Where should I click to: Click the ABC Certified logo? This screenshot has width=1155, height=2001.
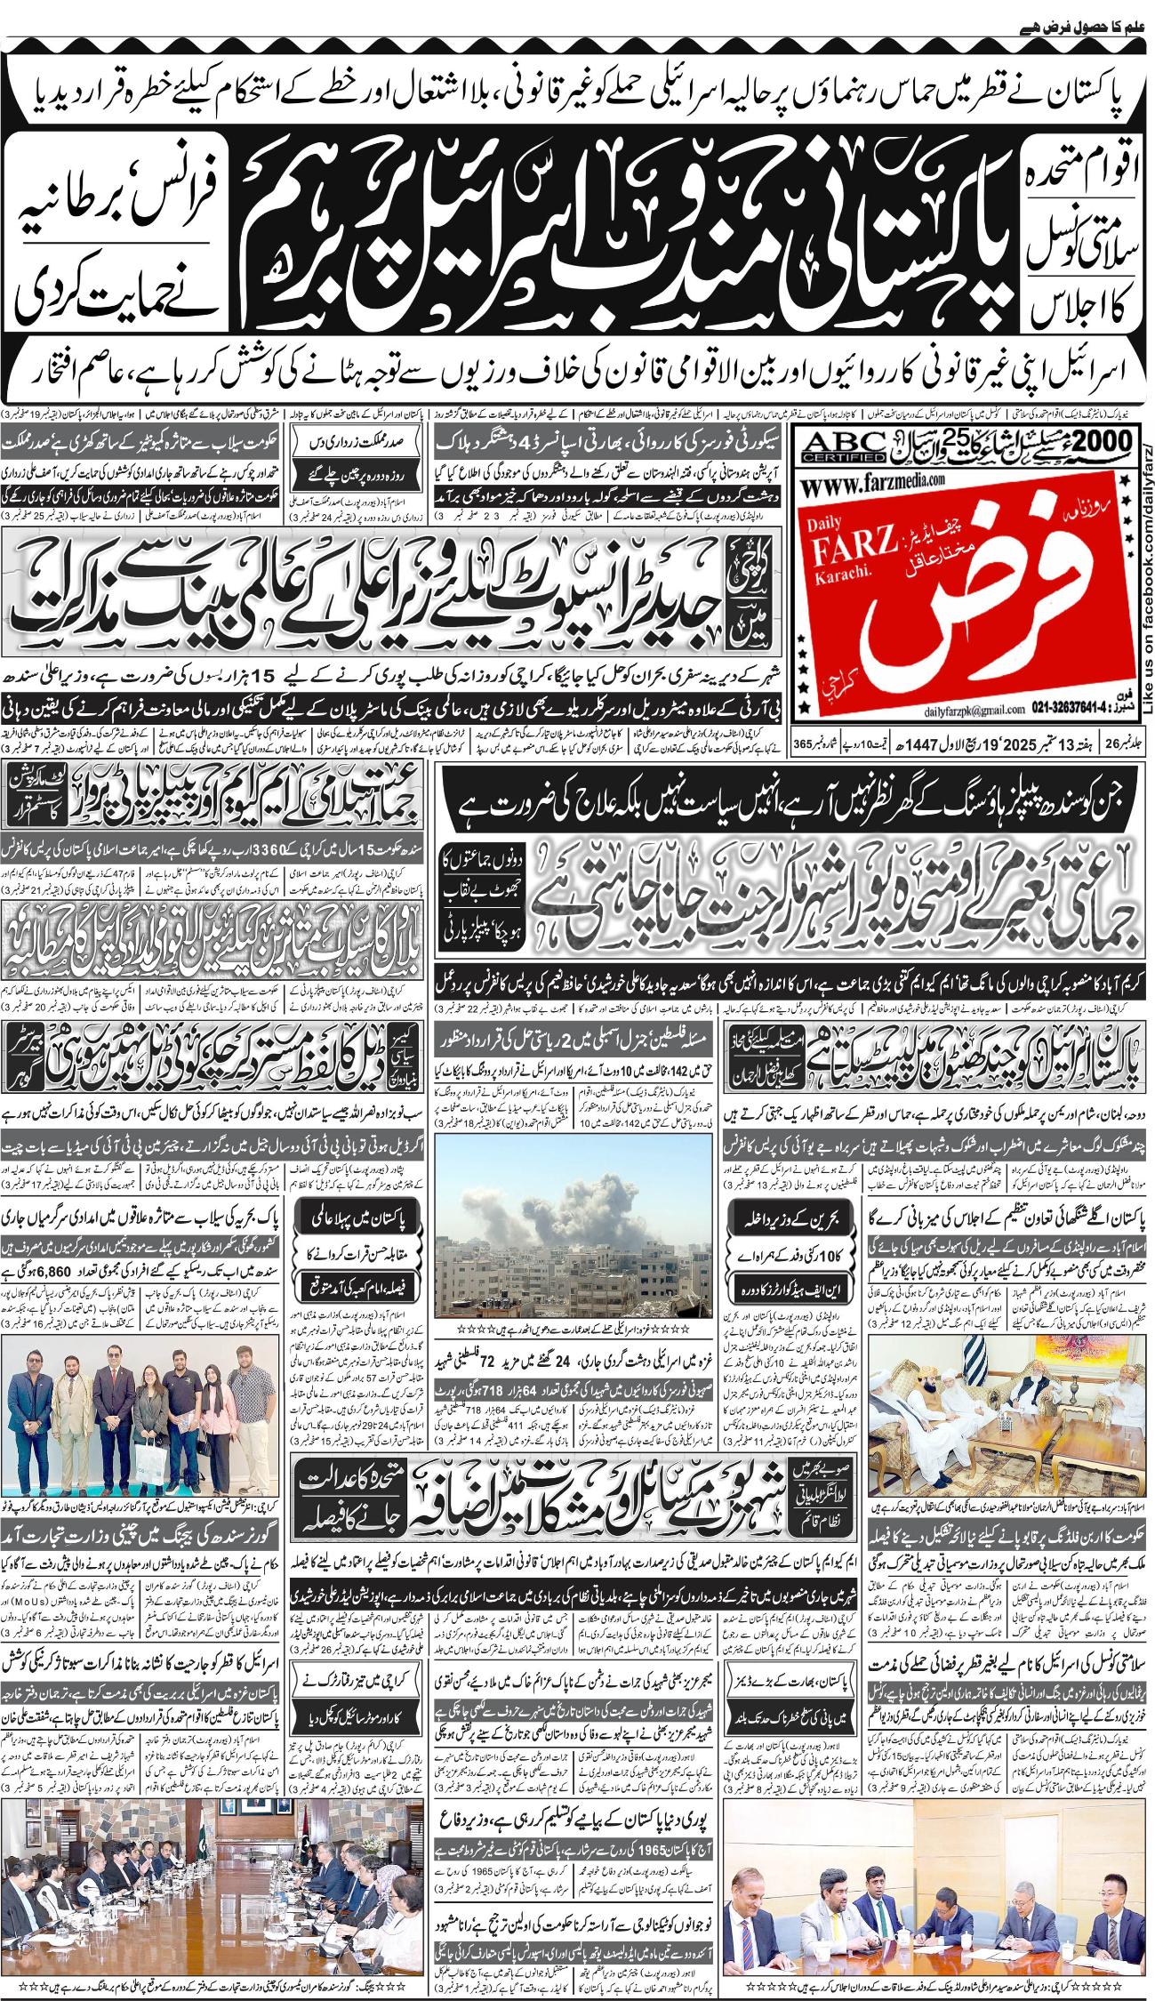click(844, 443)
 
